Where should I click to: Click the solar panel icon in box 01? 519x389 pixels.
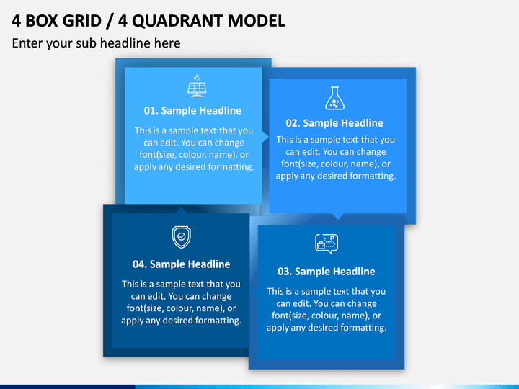tap(197, 86)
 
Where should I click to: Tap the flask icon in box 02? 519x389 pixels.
tap(334, 98)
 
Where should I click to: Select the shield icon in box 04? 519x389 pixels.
tap(182, 237)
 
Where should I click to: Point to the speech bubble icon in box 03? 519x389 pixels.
tap(327, 243)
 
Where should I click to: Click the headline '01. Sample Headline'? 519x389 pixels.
tap(192, 110)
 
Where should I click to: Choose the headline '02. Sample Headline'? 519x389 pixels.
tap(334, 123)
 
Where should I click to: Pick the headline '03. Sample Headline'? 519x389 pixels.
tap(327, 272)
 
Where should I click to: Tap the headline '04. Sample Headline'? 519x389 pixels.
tap(182, 264)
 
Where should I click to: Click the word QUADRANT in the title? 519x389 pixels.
tap(177, 21)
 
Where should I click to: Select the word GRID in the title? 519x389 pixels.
tap(81, 21)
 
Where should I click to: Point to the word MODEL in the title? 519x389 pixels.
tap(256, 21)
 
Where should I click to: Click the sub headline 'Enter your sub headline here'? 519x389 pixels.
tap(97, 43)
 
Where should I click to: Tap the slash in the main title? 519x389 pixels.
tap(110, 21)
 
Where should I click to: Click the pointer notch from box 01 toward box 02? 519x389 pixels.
tap(265, 137)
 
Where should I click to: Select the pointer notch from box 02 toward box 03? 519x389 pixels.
tap(338, 216)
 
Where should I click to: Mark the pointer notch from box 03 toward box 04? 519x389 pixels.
tap(255, 292)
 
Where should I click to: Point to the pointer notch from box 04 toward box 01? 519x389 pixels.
tap(181, 210)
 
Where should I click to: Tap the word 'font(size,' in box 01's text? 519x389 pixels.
tap(158, 155)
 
